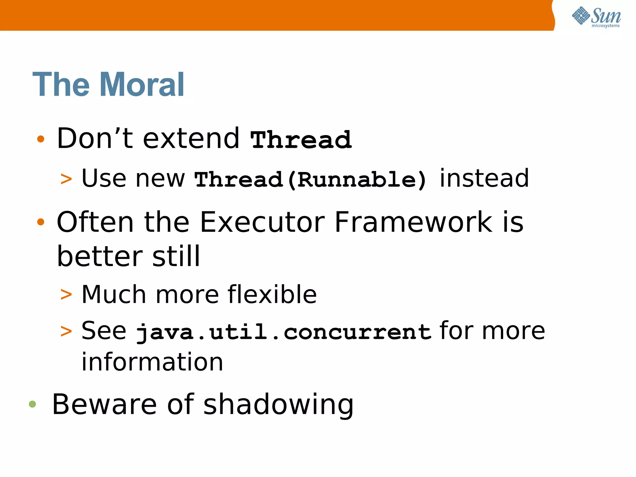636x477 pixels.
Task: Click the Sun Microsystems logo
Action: (596, 17)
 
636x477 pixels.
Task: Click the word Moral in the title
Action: (142, 84)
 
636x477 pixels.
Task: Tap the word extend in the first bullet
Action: (191, 139)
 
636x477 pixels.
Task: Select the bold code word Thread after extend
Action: (301, 140)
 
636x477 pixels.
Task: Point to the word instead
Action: (484, 178)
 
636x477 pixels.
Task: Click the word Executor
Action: (262, 222)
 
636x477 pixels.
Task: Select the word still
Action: (176, 256)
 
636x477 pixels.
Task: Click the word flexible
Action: (272, 294)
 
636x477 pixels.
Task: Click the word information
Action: (152, 362)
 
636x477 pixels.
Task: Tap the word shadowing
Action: (278, 404)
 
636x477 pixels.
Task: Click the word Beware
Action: (104, 404)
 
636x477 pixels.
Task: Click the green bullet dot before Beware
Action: (32, 404)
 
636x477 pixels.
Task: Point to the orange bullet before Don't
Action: (41, 139)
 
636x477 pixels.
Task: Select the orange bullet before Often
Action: (41, 222)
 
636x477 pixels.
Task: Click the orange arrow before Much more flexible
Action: (66, 294)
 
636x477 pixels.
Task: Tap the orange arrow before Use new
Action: (66, 179)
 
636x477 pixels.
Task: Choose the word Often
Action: (95, 222)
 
